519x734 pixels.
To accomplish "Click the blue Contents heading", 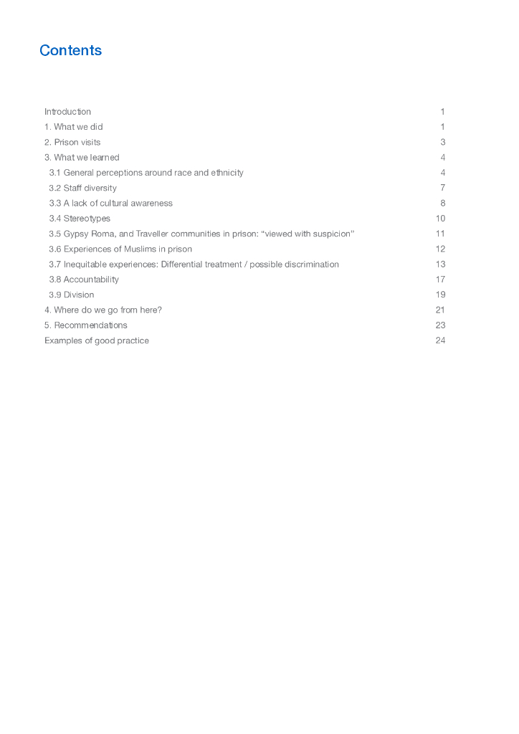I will [71, 50].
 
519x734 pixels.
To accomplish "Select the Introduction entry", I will [67, 112].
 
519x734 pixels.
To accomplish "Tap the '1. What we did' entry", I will [73, 127].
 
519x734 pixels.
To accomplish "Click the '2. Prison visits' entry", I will [72, 142].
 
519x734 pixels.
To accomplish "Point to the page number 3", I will [443, 142].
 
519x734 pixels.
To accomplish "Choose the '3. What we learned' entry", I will [82, 158].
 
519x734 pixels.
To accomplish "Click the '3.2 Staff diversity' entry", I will [82, 188].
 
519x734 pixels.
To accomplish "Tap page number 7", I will [443, 188].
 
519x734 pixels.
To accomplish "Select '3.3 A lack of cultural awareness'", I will [110, 204].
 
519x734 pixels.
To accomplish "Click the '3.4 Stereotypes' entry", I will [80, 219].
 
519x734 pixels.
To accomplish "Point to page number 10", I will [440, 219].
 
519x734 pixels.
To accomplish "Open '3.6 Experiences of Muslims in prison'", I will [120, 249].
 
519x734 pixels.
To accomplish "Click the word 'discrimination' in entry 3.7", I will [310, 264].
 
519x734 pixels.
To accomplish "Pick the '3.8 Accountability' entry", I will [84, 280].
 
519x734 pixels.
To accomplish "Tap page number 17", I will [440, 280].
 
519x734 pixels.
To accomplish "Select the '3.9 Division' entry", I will [72, 295].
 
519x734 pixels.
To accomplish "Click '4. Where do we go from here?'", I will [103, 310].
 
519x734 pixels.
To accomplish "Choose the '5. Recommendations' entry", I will [86, 325].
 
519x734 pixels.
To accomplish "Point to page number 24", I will [440, 340].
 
